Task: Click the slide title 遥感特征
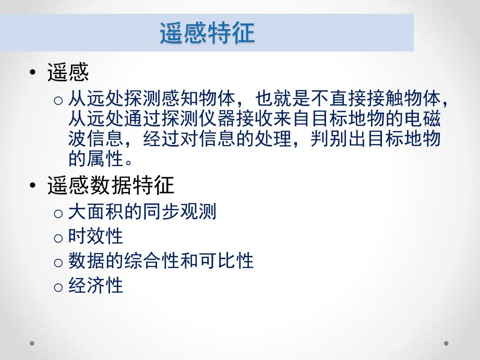207,33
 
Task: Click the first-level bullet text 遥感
68,73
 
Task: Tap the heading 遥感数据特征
111,185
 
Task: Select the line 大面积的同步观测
142,212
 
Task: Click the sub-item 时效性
95,236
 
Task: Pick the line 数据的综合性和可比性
161,261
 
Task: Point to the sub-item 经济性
95,285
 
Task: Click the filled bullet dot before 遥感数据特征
34,186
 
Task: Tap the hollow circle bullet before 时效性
59,237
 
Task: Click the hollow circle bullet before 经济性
59,286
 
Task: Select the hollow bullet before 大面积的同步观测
59,213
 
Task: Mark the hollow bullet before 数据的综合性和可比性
59,262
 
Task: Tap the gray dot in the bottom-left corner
32,343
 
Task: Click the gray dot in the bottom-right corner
446,343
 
